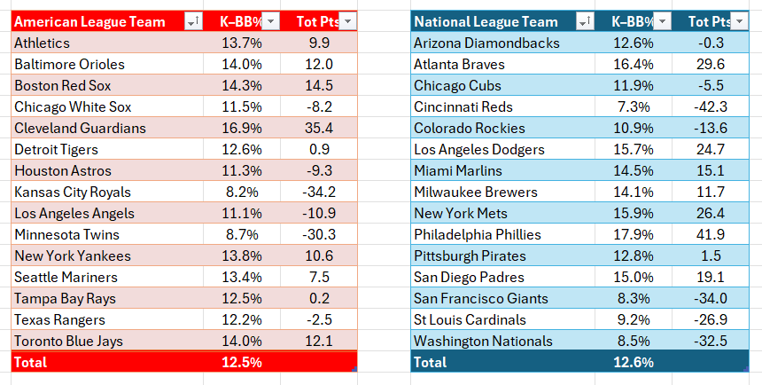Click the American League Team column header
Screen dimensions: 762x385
[x=89, y=22]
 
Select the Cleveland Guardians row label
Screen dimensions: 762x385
[x=80, y=128]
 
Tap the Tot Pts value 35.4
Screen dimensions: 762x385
[x=319, y=128]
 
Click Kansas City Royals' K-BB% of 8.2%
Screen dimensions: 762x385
[x=242, y=192]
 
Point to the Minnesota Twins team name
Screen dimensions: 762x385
[x=66, y=234]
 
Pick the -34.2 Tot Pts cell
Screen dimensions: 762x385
[x=319, y=192]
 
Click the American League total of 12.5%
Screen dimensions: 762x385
[x=242, y=363]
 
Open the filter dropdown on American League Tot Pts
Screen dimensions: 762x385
[x=347, y=21]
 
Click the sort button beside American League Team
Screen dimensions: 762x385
[x=193, y=21]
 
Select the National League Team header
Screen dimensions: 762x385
[x=486, y=22]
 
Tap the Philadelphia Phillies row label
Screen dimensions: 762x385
[x=478, y=234]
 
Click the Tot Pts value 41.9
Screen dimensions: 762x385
[x=710, y=234]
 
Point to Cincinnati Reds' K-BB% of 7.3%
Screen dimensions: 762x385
[x=633, y=106]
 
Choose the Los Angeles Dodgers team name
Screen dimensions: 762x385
[x=479, y=149]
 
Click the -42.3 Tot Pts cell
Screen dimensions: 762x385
[x=710, y=106]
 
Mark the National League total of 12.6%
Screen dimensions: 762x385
[x=633, y=363]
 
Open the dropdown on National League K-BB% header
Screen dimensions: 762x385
[x=663, y=21]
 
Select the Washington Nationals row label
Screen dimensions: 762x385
[x=483, y=342]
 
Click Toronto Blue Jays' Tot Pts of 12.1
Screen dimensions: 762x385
[x=319, y=342]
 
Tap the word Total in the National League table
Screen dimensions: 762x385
[x=430, y=363]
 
